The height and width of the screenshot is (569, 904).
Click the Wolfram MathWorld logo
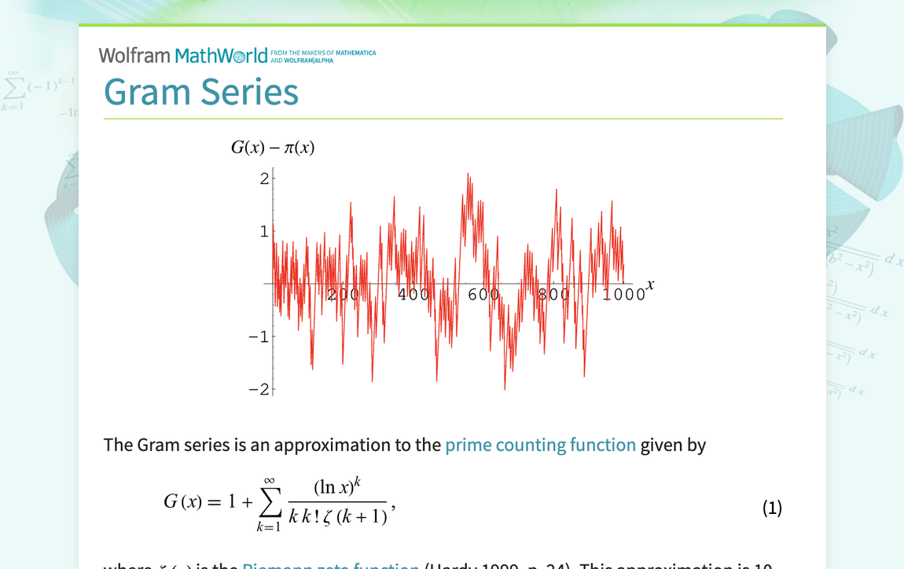(x=182, y=55)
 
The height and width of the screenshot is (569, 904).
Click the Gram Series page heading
(x=201, y=91)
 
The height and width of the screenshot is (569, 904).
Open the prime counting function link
(x=540, y=445)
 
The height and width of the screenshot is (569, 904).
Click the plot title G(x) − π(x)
(x=273, y=147)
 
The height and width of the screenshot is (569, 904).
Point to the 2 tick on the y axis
(x=264, y=179)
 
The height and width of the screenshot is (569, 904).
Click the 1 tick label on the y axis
(x=264, y=232)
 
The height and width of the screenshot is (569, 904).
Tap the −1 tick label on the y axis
(x=259, y=337)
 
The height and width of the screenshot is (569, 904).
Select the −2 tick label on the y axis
(x=259, y=390)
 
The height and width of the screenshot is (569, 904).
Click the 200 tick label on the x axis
(x=343, y=295)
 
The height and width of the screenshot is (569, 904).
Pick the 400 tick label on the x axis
(x=413, y=295)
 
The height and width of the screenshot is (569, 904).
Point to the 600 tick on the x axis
(x=483, y=295)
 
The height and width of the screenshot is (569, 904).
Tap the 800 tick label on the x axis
(x=553, y=295)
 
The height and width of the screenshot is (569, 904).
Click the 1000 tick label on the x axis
(x=624, y=295)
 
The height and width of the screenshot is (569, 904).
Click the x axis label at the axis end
(x=650, y=284)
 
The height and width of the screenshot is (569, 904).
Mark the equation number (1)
(x=772, y=508)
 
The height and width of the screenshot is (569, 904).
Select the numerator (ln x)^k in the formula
(x=336, y=487)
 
